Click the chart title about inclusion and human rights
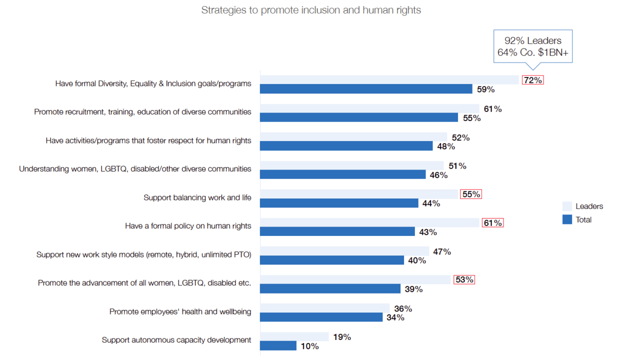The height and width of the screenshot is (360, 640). pyautogui.click(x=311, y=10)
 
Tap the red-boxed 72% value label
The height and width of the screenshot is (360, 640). pyautogui.click(x=532, y=80)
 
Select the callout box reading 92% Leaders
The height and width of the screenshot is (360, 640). pyautogui.click(x=532, y=46)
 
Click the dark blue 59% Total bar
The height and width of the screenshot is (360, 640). pyautogui.click(x=366, y=89)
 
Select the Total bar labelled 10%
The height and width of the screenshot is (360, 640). pyautogui.click(x=278, y=345)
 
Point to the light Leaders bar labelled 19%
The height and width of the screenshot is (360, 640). pyautogui.click(x=294, y=336)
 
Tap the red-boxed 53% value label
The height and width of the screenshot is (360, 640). pyautogui.click(x=464, y=279)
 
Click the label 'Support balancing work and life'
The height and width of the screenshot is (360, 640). pyautogui.click(x=197, y=197)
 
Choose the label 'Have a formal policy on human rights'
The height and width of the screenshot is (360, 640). pyautogui.click(x=188, y=226)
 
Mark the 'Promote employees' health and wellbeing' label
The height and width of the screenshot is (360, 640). pyautogui.click(x=180, y=311)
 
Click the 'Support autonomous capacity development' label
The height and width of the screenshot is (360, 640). pyautogui.click(x=176, y=340)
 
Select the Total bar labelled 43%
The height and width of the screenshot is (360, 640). pyautogui.click(x=337, y=231)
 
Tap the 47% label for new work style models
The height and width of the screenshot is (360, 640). pyautogui.click(x=442, y=251)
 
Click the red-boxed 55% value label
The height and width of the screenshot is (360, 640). pyautogui.click(x=471, y=194)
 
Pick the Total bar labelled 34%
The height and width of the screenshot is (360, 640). pyautogui.click(x=321, y=317)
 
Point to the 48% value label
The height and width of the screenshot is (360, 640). pyautogui.click(x=445, y=146)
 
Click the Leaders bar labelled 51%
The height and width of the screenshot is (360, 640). pyautogui.click(x=352, y=165)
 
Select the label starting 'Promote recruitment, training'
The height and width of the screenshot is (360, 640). pyautogui.click(x=142, y=112)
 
